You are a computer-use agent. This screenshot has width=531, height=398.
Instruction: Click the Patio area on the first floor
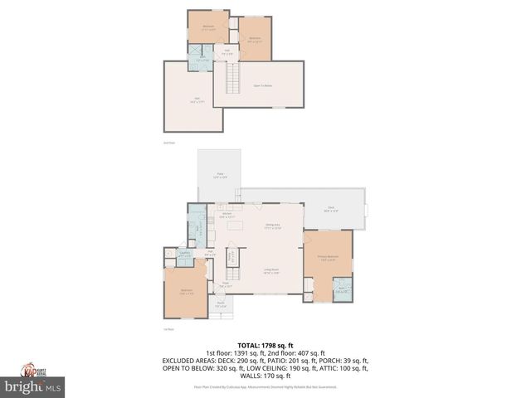coord(219,175)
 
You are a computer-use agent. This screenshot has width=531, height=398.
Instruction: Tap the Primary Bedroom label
coord(328,257)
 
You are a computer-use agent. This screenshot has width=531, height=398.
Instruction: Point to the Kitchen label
coord(226,214)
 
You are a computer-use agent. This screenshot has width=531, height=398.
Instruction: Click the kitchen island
coord(237,225)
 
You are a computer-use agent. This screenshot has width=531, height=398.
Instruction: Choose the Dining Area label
coord(272,226)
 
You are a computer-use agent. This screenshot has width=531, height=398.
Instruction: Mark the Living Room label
coord(270,269)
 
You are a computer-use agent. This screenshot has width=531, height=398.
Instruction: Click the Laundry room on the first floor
coord(186,255)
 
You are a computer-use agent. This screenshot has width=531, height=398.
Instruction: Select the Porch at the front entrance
coord(222,304)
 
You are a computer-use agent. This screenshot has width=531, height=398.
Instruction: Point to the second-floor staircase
coord(233,79)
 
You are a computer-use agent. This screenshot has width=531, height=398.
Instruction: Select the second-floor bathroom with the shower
coord(202,60)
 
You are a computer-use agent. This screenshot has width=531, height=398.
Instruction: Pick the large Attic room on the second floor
coord(195,99)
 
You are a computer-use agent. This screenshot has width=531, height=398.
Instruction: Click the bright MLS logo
coord(33,386)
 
